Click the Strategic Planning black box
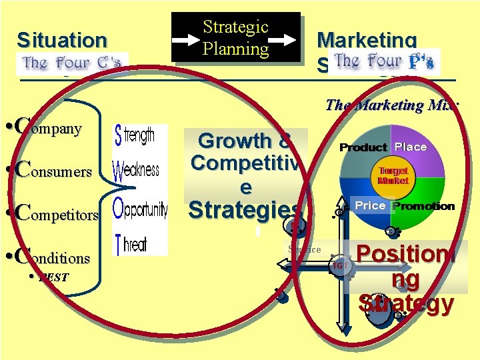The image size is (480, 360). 235,37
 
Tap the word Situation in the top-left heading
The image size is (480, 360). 61,40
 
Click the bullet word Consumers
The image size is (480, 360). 53,170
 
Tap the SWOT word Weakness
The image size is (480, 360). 137,171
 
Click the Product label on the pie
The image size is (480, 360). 363,147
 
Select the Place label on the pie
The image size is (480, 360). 411,147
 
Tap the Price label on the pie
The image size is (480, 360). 370,206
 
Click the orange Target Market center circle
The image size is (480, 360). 392,175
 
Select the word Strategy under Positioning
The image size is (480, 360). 405,303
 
